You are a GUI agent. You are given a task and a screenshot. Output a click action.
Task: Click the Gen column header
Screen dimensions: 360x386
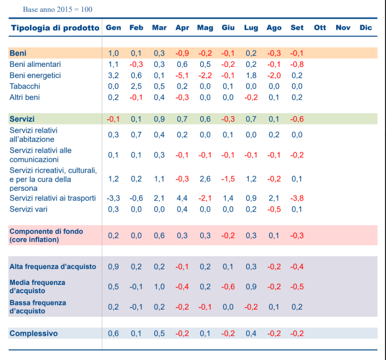point(114,28)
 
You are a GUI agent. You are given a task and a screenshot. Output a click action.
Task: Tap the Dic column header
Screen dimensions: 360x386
point(365,28)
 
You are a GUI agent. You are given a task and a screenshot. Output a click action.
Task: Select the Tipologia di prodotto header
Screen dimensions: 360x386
point(55,28)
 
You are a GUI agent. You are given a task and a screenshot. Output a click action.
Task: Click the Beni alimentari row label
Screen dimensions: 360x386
point(35,64)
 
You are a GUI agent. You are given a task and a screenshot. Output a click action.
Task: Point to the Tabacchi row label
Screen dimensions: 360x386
point(25,86)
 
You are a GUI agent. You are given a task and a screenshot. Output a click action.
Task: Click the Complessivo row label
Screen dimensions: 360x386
point(33,333)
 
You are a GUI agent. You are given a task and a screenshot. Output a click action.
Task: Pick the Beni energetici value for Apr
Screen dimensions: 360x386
point(182,75)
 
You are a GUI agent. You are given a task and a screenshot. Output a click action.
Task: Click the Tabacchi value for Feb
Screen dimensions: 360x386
point(136,86)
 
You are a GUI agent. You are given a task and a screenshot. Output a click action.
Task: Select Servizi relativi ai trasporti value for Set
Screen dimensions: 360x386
point(297,198)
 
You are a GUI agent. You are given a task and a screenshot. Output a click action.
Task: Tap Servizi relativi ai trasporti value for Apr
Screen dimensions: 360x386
point(182,198)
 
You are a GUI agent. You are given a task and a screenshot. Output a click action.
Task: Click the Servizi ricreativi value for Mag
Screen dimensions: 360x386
point(205,179)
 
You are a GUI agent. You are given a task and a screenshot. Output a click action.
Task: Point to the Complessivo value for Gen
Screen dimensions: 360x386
point(114,333)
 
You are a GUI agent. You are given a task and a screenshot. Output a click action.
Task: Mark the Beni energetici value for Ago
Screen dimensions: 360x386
point(274,75)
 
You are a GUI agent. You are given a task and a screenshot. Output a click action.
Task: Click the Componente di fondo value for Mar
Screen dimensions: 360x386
point(159,236)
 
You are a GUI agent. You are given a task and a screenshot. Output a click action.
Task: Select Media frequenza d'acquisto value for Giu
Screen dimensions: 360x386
point(228,286)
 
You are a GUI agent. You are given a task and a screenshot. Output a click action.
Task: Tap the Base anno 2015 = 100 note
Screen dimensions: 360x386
point(58,9)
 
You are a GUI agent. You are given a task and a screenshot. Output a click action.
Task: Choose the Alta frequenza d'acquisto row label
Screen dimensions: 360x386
point(52,266)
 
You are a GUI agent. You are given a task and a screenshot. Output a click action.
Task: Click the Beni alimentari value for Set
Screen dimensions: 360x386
point(297,64)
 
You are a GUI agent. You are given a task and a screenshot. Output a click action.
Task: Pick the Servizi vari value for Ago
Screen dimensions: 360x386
point(274,209)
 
